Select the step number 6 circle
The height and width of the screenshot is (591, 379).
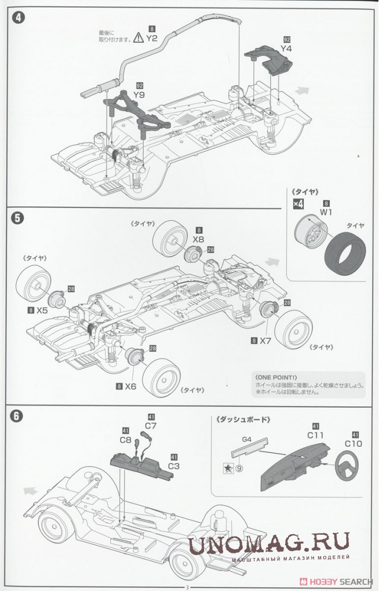(17, 416)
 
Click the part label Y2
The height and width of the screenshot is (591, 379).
(152, 38)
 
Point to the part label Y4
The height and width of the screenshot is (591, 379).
(286, 49)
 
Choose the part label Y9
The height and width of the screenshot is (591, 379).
(139, 94)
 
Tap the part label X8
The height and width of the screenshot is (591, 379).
(199, 239)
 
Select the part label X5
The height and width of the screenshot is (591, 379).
(42, 310)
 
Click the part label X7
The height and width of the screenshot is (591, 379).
(265, 341)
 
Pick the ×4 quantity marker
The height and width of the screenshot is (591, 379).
(298, 204)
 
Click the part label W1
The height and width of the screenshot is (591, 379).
(327, 211)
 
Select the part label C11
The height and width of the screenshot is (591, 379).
(316, 435)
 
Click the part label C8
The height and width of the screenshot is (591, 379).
(126, 439)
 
